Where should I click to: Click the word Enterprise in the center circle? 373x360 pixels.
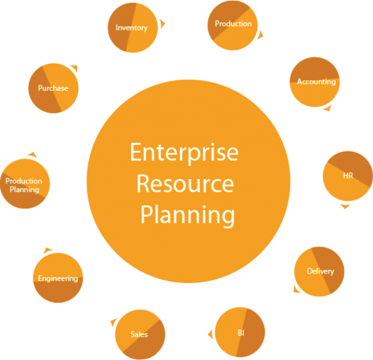click(x=184, y=153)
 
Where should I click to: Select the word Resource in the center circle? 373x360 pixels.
click(x=185, y=183)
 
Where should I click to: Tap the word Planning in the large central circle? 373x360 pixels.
click(x=187, y=215)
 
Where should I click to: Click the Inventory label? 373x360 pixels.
click(x=132, y=28)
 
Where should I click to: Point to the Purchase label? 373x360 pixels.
click(x=53, y=88)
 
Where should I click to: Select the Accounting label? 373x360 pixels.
click(x=316, y=82)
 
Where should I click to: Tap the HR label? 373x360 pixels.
click(x=348, y=175)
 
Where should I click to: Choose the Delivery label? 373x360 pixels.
click(x=320, y=271)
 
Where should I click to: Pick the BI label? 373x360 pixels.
click(x=241, y=333)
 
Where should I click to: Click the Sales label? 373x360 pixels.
click(x=139, y=334)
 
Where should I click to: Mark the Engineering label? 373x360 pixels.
click(x=58, y=278)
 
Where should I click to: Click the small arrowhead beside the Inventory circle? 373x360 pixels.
click(x=162, y=24)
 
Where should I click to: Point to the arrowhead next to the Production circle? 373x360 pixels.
click(x=260, y=35)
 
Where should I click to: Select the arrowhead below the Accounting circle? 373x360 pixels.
click(x=327, y=108)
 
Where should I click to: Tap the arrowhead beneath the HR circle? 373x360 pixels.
click(x=345, y=206)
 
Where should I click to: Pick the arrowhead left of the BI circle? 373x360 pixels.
click(x=210, y=334)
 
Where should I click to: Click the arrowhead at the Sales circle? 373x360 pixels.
click(x=113, y=322)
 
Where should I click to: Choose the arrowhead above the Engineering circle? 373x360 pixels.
click(x=48, y=250)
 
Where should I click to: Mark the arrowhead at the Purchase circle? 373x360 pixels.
click(x=74, y=68)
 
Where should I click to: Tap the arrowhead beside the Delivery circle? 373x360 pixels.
click(x=297, y=289)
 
